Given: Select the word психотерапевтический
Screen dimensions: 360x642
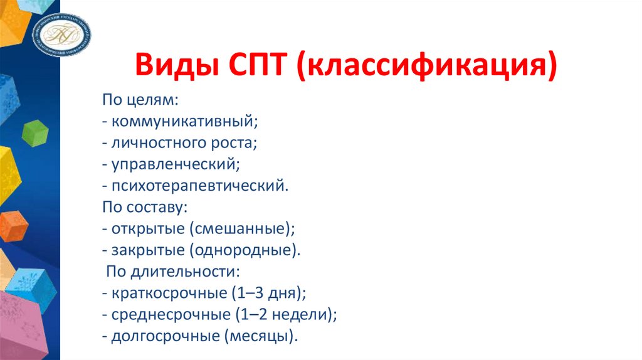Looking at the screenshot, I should pos(200,186).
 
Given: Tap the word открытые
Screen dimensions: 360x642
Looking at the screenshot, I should pos(147,229).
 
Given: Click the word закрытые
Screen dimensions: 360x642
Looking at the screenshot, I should pos(147,250).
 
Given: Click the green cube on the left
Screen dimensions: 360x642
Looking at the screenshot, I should pos(35,132).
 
